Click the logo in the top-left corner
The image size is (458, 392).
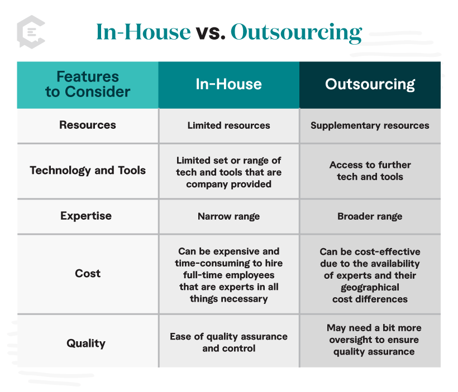(x=31, y=32)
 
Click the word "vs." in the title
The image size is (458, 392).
(x=211, y=32)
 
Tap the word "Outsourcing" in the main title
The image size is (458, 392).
(x=296, y=32)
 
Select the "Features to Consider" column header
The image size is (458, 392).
(x=88, y=84)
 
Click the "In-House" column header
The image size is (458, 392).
(x=228, y=84)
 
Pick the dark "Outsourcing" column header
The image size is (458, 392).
(x=370, y=84)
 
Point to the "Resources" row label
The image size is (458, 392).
(x=88, y=125)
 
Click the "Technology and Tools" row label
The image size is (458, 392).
(x=88, y=171)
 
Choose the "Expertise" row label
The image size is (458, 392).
(x=86, y=216)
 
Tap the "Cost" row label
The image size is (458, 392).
(x=88, y=273)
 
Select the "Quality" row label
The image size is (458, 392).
(x=87, y=343)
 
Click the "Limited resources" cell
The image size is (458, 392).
(x=228, y=125)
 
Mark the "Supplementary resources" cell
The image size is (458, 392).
(x=370, y=125)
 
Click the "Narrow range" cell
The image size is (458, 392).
(x=228, y=216)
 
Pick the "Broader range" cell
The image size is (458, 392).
(x=370, y=216)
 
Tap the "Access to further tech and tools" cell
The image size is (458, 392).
(x=370, y=171)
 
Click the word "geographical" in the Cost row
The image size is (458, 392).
(x=370, y=288)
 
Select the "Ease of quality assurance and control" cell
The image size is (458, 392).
(x=228, y=342)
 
